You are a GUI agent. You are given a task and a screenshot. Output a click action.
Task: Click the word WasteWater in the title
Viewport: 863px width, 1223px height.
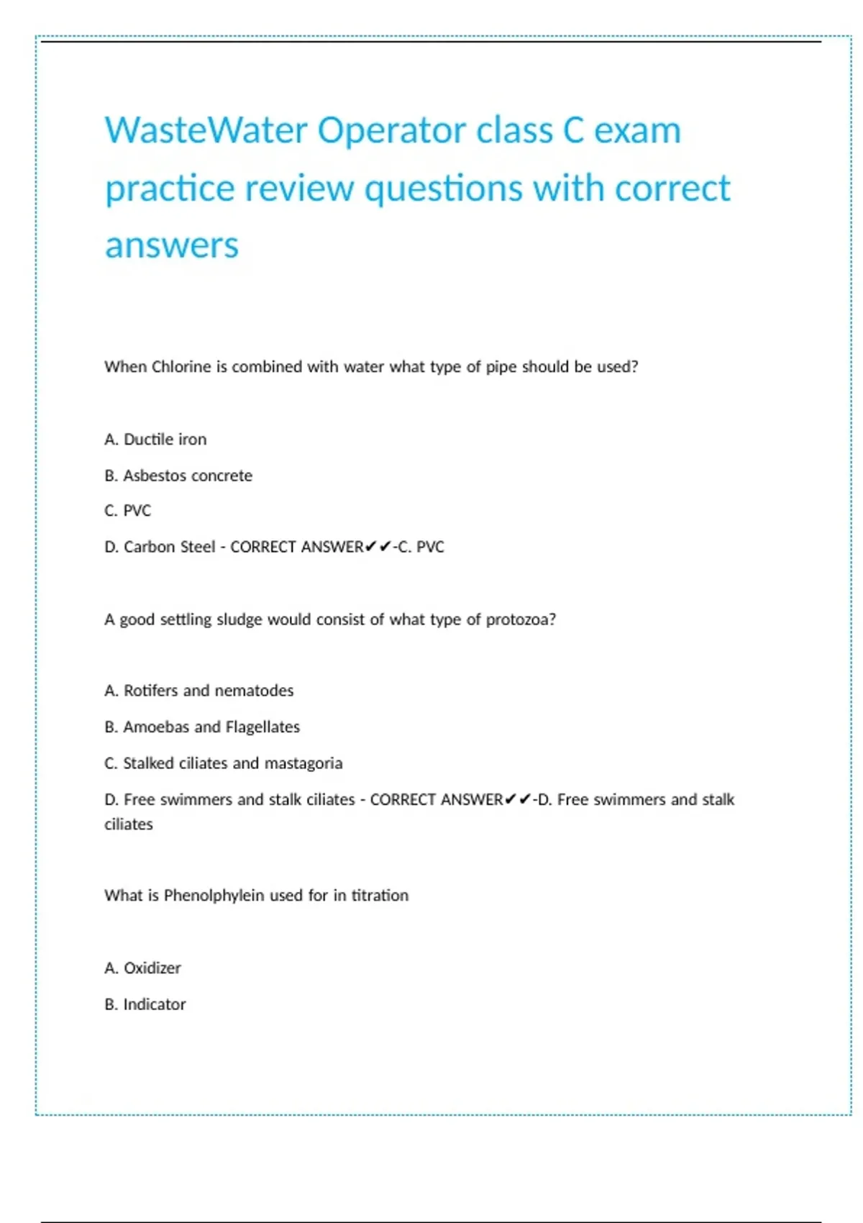[206, 131]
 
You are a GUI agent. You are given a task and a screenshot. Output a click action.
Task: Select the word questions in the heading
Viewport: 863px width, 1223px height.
[443, 188]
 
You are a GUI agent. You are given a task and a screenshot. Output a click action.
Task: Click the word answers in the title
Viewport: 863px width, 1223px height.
[171, 245]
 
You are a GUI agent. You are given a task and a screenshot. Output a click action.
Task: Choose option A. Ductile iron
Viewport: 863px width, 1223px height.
[155, 440]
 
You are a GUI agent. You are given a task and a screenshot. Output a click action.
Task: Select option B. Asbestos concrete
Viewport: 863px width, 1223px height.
[178, 476]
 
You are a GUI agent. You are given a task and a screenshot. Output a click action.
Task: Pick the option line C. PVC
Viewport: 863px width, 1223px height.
[128, 511]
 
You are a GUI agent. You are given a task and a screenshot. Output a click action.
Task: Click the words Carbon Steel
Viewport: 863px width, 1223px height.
[169, 547]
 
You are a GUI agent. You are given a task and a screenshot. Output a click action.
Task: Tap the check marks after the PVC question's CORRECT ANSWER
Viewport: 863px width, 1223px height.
[378, 547]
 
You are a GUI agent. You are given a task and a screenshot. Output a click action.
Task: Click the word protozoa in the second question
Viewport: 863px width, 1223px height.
[518, 619]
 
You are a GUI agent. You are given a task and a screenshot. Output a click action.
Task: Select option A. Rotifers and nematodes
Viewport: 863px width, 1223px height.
[199, 691]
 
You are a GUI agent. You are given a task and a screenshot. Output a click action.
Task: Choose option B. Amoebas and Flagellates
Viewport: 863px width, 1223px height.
[202, 727]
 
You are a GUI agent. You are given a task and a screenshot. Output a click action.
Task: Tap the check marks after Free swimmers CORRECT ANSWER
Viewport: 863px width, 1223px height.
[518, 799]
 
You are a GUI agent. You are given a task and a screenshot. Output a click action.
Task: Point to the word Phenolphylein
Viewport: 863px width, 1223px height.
[214, 896]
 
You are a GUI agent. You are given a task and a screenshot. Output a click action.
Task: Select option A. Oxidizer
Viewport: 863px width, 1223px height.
[143, 968]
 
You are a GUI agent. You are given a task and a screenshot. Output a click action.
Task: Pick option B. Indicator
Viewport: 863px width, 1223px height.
[145, 1004]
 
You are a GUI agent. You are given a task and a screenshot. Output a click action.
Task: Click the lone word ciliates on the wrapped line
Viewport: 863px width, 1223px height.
[129, 824]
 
